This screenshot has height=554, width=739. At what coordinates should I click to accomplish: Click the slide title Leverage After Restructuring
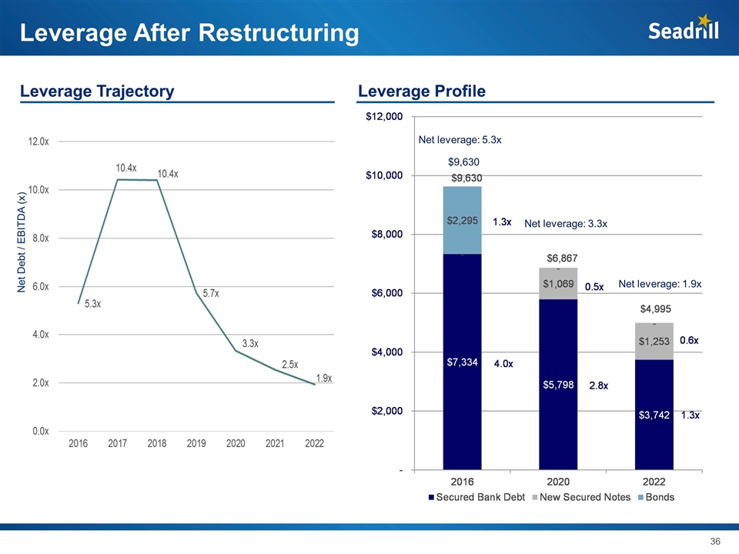tap(189, 33)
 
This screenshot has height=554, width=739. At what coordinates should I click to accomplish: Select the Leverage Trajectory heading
tap(97, 92)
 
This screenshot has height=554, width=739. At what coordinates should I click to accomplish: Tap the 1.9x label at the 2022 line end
tap(324, 378)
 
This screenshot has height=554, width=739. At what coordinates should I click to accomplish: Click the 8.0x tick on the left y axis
tap(41, 238)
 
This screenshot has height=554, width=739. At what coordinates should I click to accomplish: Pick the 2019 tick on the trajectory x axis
tap(196, 444)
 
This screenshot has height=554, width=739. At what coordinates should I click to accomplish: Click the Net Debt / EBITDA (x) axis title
tap(22, 241)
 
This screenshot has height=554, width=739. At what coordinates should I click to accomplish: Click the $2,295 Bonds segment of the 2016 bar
tap(462, 220)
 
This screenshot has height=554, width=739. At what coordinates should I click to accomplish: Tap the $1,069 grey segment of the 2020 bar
tap(558, 284)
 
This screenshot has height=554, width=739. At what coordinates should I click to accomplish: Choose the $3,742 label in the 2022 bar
tap(654, 415)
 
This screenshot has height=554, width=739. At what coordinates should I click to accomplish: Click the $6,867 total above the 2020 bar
tap(562, 257)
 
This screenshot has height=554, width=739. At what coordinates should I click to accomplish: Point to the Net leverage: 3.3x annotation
tap(566, 224)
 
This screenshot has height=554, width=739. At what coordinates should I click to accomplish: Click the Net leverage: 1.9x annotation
tap(660, 284)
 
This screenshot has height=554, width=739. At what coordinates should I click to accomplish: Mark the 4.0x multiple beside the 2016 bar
tap(503, 363)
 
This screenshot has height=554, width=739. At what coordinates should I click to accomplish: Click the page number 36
tap(715, 542)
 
